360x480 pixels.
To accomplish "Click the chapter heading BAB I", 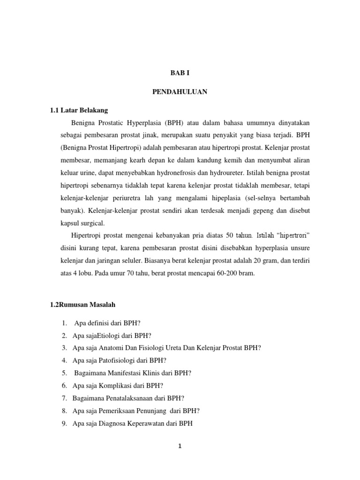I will tap(180, 74).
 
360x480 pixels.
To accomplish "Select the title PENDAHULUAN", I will tap(180, 92).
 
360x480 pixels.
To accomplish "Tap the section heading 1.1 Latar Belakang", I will tap(79, 110).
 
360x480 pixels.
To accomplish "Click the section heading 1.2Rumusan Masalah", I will tap(82, 304).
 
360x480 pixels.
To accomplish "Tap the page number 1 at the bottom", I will tap(180, 447).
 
